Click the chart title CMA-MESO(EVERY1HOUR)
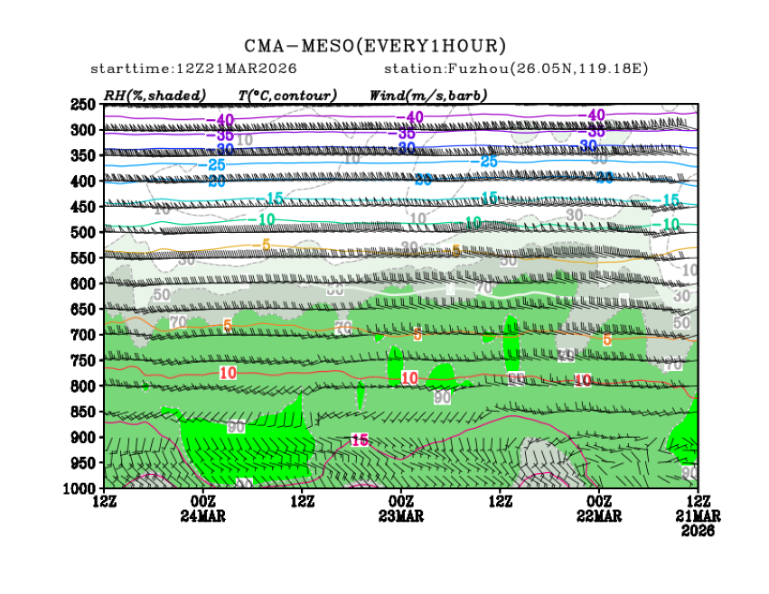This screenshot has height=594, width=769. [375, 46]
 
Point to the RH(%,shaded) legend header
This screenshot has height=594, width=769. [155, 95]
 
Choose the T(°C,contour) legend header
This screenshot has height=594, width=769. [287, 95]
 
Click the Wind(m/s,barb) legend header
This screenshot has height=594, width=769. [428, 95]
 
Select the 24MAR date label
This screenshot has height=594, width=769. [203, 516]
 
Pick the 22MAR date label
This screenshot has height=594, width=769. [599, 516]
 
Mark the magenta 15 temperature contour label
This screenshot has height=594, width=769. [360, 440]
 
